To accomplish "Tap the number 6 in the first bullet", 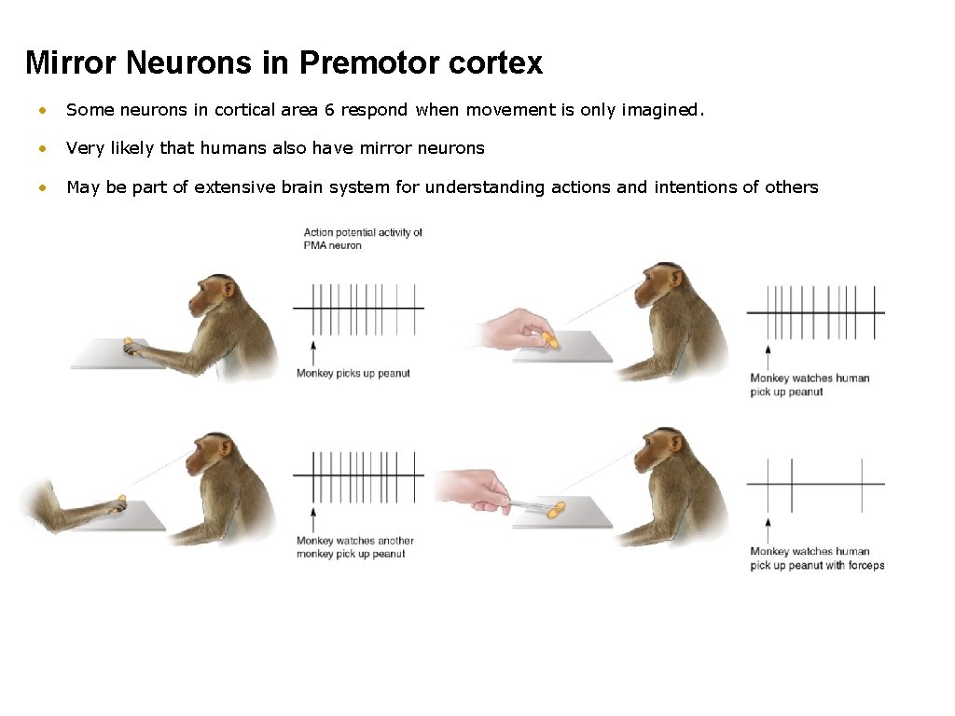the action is [x=329, y=110].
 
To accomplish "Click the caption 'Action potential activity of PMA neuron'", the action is [x=363, y=239].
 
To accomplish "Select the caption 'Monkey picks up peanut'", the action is [x=353, y=374].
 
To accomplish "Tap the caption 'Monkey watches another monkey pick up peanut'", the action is [x=355, y=547].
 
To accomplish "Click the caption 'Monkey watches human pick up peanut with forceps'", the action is [x=817, y=558].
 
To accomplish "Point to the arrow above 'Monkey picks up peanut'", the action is [x=313, y=352].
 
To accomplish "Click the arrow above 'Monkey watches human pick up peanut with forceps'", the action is [x=767, y=527].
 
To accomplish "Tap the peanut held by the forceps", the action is [x=556, y=509].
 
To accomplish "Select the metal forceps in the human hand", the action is [x=522, y=504].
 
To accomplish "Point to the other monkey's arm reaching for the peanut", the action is [x=70, y=506].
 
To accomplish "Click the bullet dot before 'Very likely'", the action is [x=40, y=149].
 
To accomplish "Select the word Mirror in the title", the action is [x=71, y=62].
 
